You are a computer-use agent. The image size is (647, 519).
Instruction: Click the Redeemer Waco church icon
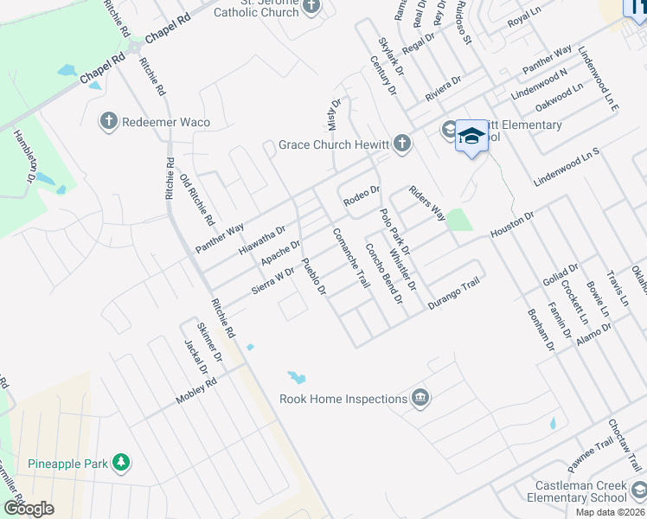pyautogui.click(x=109, y=122)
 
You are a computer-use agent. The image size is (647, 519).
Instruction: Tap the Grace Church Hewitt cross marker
pyautogui.click(x=401, y=144)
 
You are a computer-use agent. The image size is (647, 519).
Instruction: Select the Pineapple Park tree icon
pyautogui.click(x=122, y=463)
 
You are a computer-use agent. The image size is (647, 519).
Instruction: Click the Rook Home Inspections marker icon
pyautogui.click(x=420, y=398)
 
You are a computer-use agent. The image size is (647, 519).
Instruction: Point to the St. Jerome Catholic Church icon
pyautogui.click(x=311, y=6)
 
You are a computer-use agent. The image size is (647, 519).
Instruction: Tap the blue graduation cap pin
pyautogui.click(x=471, y=137)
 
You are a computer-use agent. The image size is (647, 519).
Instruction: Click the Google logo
pyautogui.click(x=29, y=508)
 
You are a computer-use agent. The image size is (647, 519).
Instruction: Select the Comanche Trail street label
pyautogui.click(x=351, y=258)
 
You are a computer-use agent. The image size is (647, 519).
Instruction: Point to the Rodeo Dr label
pyautogui.click(x=362, y=196)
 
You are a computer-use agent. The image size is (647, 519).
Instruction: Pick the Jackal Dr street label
pyautogui.click(x=195, y=357)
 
